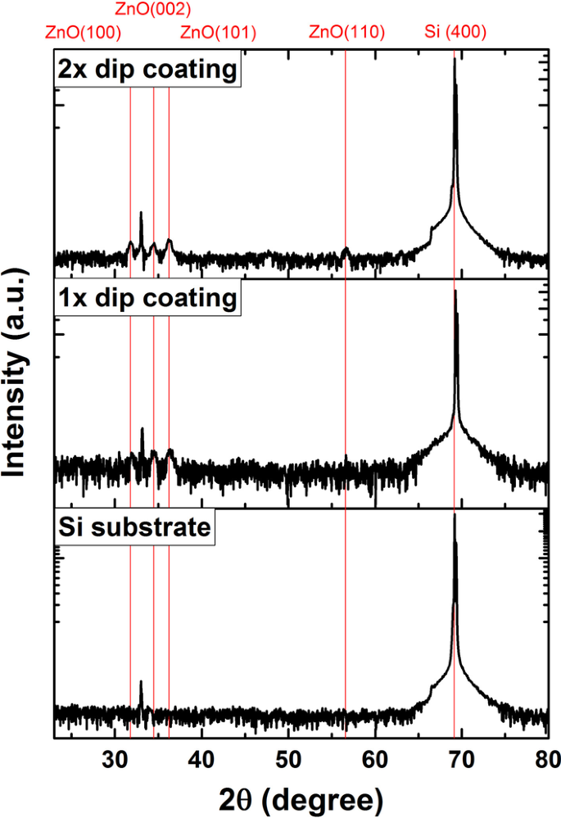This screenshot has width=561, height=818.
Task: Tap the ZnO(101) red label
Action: tap(218, 34)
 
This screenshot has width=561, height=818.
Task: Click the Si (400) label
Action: tap(456, 34)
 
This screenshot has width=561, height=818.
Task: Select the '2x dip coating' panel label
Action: tap(147, 70)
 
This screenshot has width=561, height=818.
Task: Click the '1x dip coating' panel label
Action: tap(147, 297)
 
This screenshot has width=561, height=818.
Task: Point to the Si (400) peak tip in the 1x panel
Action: tap(455, 291)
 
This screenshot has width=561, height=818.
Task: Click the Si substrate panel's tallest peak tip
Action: tap(455, 514)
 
